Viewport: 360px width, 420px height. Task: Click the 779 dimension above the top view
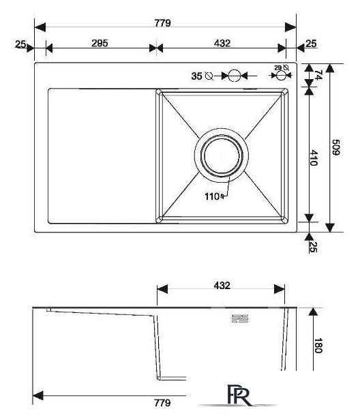pos(162,23)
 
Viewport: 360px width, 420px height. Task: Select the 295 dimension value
pos(100,43)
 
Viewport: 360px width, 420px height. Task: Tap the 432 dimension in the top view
pos(222,43)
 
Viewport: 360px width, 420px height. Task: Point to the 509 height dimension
pos(336,147)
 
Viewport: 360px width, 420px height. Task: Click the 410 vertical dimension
pos(314,158)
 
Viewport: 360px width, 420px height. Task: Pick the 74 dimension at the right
pos(318,75)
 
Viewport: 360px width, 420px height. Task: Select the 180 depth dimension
pos(318,346)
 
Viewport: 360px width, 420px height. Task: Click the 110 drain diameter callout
pos(212,196)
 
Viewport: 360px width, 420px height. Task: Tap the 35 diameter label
pos(197,76)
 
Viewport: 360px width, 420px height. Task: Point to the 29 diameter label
pos(278,68)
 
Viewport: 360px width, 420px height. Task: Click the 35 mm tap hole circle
pos(235,76)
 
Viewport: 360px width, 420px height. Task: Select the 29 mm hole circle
pos(281,76)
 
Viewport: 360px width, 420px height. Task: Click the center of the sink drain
pos(222,155)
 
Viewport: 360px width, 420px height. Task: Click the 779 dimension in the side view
pos(162,403)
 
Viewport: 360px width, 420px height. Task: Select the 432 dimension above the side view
pos(222,286)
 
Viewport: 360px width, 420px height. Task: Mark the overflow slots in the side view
pos(240,318)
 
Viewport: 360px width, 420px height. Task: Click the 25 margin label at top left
pos(20,44)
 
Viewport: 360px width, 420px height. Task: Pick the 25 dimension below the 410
pos(314,246)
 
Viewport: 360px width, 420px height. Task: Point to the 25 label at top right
pos(311,44)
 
